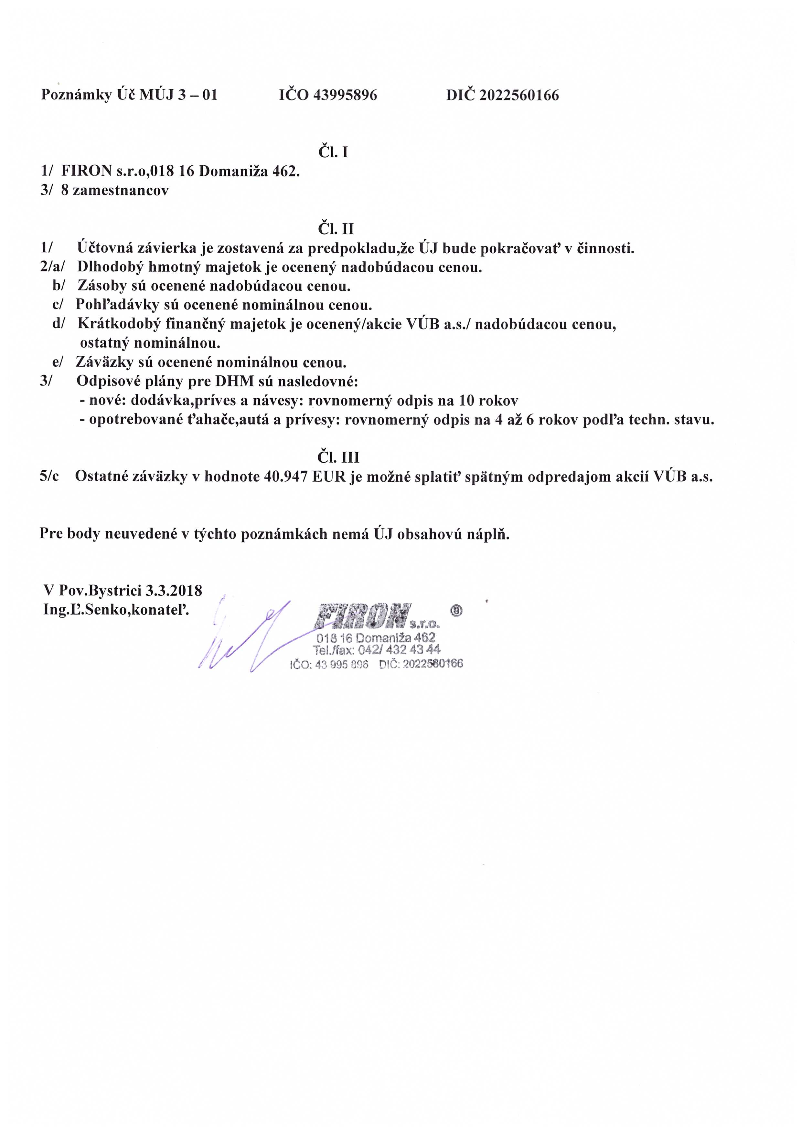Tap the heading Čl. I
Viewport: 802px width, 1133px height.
[333, 152]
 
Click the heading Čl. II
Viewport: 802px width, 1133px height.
[336, 229]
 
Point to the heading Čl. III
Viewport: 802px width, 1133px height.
[338, 457]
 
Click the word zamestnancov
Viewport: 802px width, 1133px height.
[121, 191]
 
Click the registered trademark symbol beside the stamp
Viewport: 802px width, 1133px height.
[457, 611]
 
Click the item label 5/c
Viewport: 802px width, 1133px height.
[49, 477]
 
